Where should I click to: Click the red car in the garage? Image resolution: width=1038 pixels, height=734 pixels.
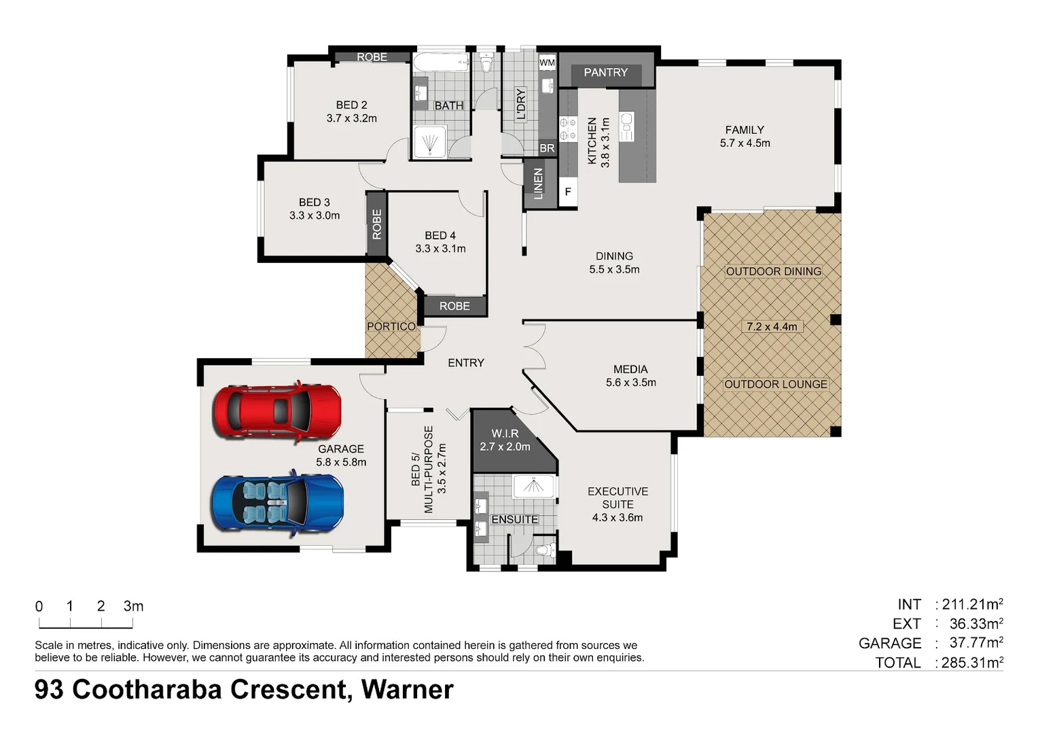(x=277, y=411)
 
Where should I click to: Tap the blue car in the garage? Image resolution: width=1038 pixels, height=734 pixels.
(x=277, y=504)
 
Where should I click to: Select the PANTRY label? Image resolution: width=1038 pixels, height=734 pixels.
(x=605, y=72)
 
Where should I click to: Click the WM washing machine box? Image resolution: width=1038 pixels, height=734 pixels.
(x=547, y=63)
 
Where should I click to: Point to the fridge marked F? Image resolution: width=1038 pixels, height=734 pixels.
(x=568, y=192)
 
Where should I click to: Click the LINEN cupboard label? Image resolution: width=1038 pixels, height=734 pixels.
(x=538, y=183)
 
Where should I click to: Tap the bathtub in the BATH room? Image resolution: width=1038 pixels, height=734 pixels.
(x=441, y=63)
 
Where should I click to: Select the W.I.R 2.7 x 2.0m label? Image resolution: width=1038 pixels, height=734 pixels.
(x=505, y=440)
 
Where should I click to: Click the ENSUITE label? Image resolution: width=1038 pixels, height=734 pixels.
(x=514, y=519)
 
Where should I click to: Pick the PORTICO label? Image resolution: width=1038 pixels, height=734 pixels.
(x=391, y=326)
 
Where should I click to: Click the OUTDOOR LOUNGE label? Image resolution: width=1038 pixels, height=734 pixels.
(x=775, y=384)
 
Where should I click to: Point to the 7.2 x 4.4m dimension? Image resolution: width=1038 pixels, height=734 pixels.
(x=772, y=326)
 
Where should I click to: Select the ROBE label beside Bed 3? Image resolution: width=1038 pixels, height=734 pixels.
(x=376, y=224)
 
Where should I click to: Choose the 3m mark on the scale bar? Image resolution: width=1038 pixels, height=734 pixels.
(x=133, y=606)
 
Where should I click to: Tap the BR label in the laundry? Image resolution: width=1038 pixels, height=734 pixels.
(x=547, y=148)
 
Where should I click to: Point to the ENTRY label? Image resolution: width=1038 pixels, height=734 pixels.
(x=466, y=363)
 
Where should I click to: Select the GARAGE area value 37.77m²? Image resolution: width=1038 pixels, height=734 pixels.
(x=976, y=642)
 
